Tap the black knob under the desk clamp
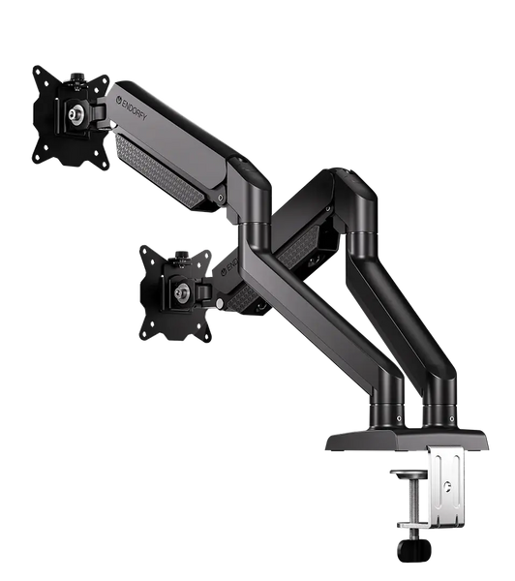414,549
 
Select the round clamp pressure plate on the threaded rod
409,474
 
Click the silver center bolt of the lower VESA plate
182,292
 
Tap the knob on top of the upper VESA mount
77,77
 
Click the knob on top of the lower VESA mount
181,256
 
